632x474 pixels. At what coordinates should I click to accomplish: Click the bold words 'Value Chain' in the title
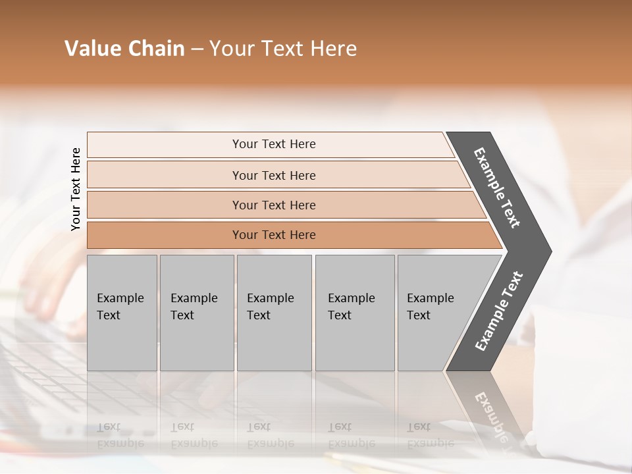pos(124,49)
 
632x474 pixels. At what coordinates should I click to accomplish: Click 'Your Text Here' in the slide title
pos(283,49)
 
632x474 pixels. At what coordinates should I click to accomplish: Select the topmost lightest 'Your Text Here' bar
pos(273,144)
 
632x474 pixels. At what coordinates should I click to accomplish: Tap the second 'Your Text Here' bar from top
pos(273,175)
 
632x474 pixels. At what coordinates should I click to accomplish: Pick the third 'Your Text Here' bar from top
pos(273,205)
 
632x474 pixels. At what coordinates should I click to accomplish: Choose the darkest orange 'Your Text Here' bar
pos(273,235)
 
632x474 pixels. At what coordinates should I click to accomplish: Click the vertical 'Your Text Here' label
pos(76,189)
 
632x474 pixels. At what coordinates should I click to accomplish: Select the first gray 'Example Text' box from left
pos(122,313)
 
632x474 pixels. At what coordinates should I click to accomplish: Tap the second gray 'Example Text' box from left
pos(196,313)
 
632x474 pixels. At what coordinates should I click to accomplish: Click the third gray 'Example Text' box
pos(274,313)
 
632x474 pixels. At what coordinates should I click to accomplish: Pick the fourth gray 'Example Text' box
pos(355,313)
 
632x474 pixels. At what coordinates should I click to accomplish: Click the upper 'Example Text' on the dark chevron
pos(497,188)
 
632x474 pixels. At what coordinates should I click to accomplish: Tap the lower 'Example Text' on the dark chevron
pos(498,311)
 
